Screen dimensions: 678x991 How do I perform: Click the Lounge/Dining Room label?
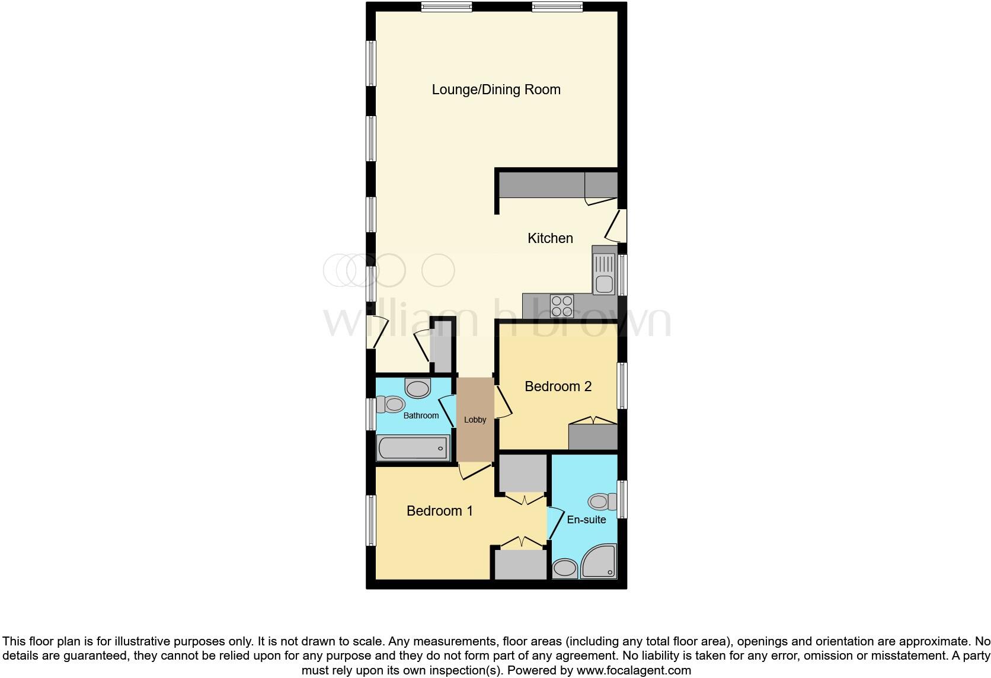point(496,89)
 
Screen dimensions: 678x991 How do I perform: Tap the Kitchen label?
point(550,238)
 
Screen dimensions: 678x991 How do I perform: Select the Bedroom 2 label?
point(558,386)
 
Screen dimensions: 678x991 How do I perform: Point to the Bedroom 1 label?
point(439,511)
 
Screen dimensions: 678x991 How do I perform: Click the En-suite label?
point(586,520)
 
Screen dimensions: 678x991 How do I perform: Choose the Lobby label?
point(475,420)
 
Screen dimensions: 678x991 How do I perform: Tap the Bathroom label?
point(421,415)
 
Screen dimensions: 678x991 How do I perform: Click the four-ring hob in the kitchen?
point(561,306)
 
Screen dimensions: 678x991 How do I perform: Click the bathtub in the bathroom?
point(413,447)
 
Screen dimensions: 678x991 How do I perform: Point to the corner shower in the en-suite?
point(599,562)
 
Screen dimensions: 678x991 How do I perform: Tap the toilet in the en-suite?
point(602,502)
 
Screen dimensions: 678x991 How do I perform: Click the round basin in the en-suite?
point(564,570)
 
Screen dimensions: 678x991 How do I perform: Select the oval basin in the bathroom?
point(418,389)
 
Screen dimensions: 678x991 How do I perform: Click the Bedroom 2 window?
point(622,386)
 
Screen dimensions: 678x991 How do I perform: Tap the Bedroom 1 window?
point(371,520)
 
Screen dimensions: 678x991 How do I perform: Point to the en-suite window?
point(622,500)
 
